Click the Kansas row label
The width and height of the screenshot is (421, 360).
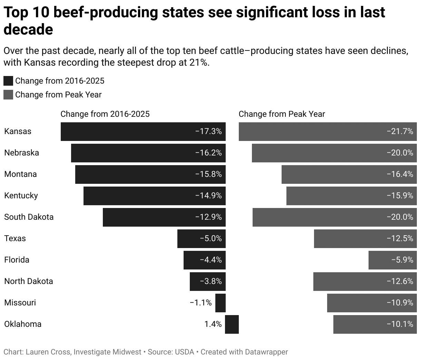click(x=18, y=131)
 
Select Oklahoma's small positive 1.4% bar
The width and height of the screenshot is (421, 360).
click(x=232, y=324)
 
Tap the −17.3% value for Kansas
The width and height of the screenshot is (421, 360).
click(x=208, y=131)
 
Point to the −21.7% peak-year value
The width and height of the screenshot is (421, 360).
click(x=400, y=131)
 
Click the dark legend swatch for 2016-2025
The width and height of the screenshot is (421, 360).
click(x=8, y=81)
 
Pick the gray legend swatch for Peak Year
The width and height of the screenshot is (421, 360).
click(x=8, y=95)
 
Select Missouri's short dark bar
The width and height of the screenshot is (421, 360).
click(x=221, y=303)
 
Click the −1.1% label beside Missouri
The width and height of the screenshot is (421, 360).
click(x=200, y=303)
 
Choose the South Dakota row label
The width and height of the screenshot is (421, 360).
click(x=29, y=217)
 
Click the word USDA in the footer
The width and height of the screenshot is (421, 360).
click(x=185, y=352)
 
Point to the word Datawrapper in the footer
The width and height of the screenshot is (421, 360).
click(x=266, y=352)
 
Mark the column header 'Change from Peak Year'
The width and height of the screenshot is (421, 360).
click(x=282, y=114)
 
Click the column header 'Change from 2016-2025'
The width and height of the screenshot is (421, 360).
click(x=105, y=114)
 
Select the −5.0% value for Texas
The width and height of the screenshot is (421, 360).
click(x=210, y=238)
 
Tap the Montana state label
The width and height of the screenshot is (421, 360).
click(x=20, y=174)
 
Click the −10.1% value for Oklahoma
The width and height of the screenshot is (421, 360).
click(x=400, y=324)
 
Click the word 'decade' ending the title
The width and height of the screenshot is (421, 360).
click(x=28, y=30)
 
